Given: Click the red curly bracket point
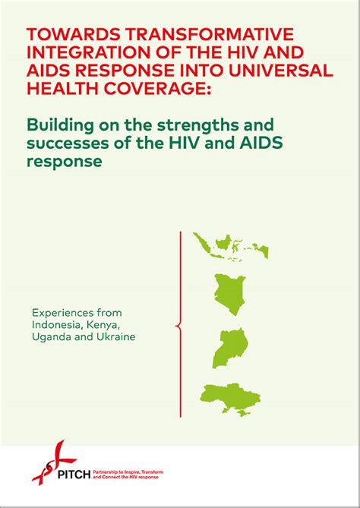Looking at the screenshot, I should pos(177,327).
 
